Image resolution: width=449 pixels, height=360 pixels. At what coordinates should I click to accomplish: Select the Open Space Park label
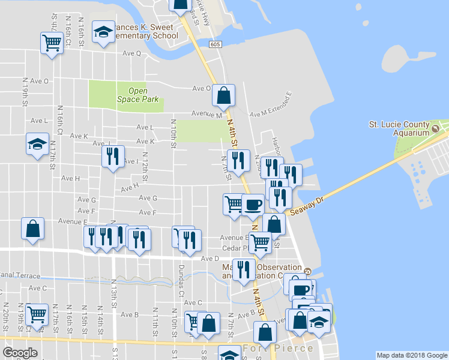[x=137, y=95]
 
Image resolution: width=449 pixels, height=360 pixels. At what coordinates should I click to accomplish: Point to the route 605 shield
[x=215, y=45]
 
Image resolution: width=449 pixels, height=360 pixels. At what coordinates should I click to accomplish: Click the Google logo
[x=20, y=353]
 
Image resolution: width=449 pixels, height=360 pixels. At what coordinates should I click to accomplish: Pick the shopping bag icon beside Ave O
[x=223, y=95]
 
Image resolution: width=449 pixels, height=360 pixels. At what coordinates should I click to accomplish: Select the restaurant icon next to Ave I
[x=112, y=157]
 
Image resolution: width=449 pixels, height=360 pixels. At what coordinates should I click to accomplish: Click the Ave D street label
[x=209, y=259]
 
